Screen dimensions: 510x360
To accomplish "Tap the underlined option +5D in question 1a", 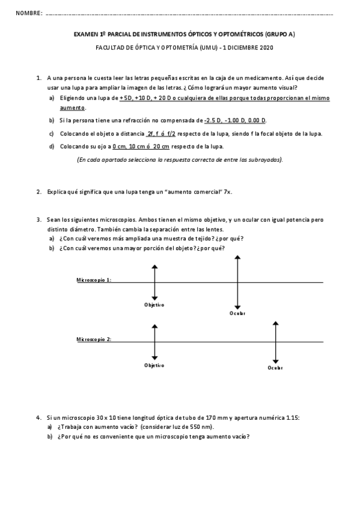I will coord(126,97).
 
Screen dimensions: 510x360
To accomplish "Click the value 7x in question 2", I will coord(227,192).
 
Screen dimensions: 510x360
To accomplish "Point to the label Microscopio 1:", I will coord(93,280).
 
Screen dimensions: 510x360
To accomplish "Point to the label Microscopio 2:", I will coord(93,340).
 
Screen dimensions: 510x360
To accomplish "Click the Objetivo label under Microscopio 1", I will coord(154,305).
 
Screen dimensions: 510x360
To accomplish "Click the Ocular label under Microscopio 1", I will coord(237,314).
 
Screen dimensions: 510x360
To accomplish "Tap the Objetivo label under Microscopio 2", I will coord(154,365).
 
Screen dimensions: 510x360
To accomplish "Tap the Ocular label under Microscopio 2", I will coord(275,368).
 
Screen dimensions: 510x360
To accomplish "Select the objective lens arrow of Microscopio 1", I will coord(155,282).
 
